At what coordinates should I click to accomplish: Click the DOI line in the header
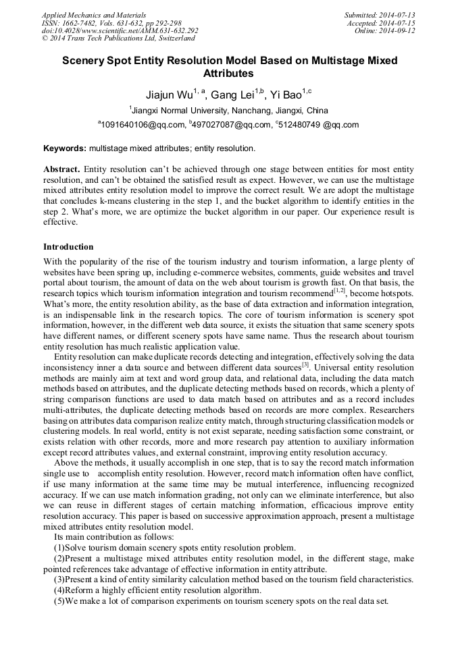click(x=120, y=31)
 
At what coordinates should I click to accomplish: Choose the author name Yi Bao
click(x=286, y=94)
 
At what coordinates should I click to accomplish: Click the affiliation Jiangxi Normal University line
click(x=228, y=110)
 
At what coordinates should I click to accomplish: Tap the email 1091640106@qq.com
click(x=143, y=125)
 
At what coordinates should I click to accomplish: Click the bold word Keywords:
click(x=65, y=148)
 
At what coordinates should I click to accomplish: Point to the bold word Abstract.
click(x=62, y=169)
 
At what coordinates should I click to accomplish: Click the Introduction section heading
click(x=68, y=247)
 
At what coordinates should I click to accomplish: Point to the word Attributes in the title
click(x=228, y=73)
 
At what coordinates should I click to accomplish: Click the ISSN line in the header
click(x=111, y=23)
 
